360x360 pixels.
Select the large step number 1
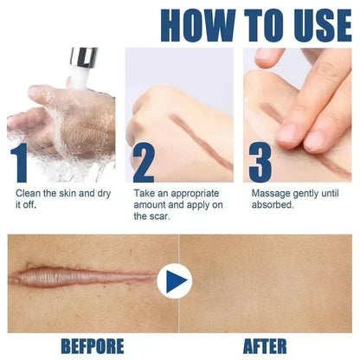coord(20,163)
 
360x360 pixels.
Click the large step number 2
coord(144,163)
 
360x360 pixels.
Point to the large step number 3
coord(260,163)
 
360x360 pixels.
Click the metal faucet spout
coord(84,58)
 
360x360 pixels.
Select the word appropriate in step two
coord(195,194)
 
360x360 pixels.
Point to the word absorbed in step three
coord(273,205)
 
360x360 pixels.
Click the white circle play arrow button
coord(175,280)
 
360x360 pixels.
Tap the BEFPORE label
coord(93,346)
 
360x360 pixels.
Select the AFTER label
coord(265,346)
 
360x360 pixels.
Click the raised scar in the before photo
coord(84,278)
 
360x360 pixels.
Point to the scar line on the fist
coord(202,141)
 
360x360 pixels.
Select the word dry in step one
coord(104,194)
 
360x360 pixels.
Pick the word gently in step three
coord(305,194)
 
